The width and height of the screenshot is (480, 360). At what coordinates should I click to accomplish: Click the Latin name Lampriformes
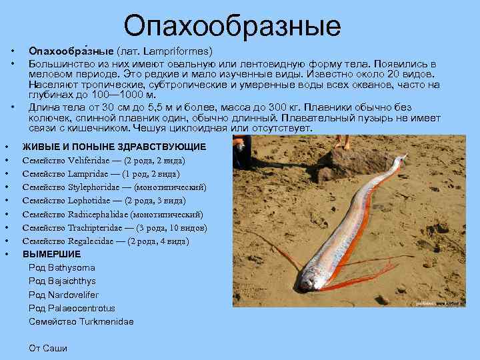[182, 51]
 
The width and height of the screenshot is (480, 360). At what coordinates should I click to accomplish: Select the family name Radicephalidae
[99, 215]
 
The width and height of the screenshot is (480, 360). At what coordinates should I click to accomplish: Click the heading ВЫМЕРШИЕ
[52, 255]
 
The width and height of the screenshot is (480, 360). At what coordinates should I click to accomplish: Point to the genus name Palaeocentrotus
[81, 308]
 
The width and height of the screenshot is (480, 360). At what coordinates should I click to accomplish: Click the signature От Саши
[48, 347]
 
